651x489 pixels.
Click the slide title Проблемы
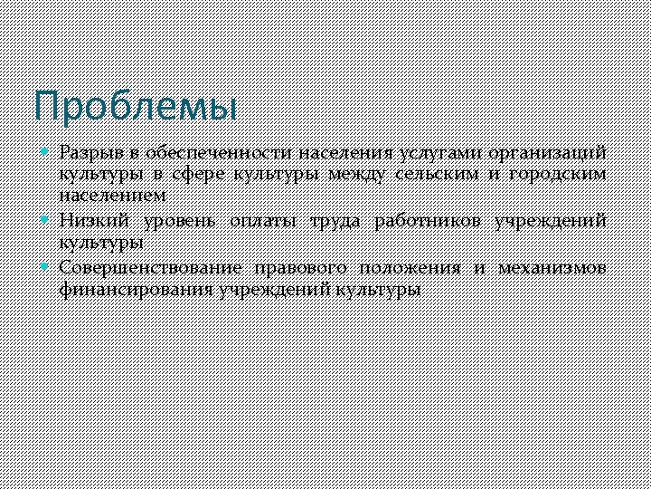136,106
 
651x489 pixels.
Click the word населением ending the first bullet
112,196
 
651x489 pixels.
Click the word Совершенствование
150,268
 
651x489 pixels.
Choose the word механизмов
552,268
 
